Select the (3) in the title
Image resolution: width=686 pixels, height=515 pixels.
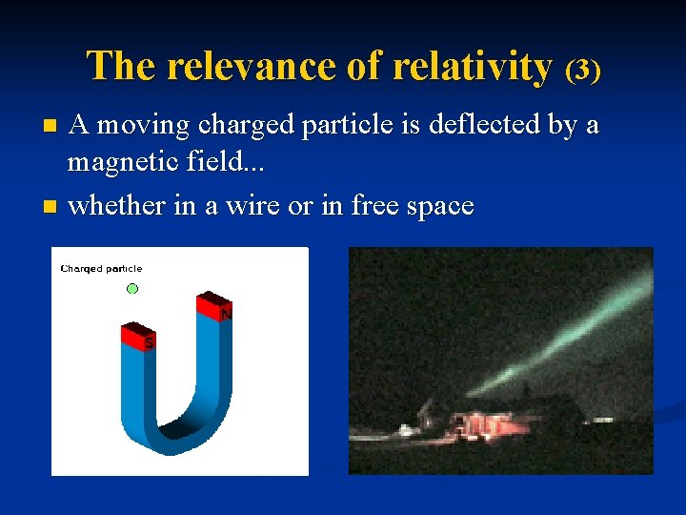pos(582,70)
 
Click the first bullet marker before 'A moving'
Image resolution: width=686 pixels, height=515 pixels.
pos(53,125)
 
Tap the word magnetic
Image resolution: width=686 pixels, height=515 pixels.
pos(118,165)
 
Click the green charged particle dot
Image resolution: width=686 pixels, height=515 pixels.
pos(132,288)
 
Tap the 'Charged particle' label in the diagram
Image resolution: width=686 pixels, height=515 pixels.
pos(101,269)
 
